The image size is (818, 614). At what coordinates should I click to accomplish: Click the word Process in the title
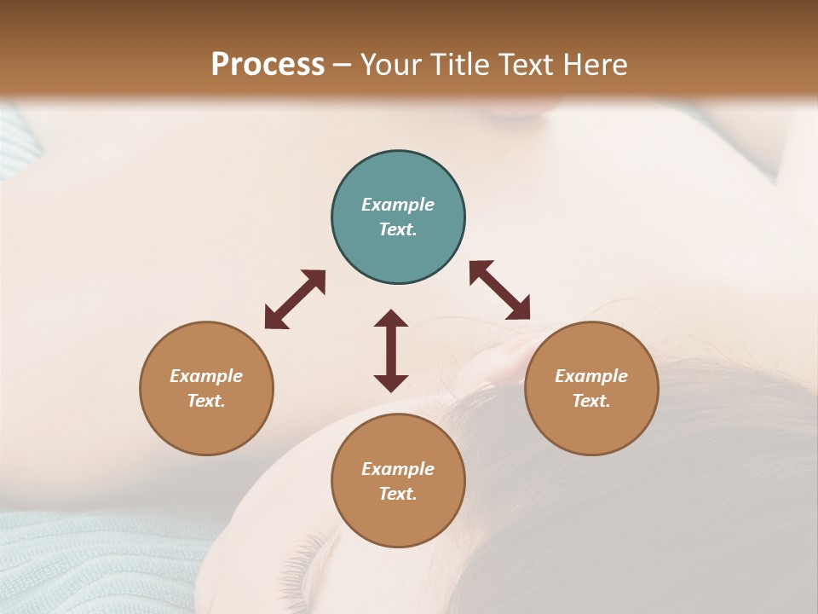point(268,65)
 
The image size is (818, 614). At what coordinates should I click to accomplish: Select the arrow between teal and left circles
point(295,299)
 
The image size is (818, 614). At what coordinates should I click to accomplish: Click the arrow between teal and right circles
point(500,290)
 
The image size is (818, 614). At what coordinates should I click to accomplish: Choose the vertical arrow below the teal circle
point(391,350)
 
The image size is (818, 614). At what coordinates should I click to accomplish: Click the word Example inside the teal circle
point(398,205)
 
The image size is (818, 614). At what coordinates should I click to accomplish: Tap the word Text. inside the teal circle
point(398,229)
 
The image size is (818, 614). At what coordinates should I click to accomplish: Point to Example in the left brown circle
point(206,376)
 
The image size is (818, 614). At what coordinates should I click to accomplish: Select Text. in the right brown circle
point(591,401)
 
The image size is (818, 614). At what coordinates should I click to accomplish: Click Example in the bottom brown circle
point(398,469)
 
